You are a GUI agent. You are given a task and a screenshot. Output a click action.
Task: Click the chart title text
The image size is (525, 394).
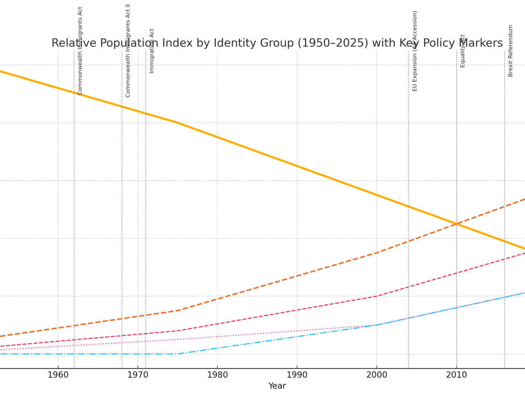click(277, 43)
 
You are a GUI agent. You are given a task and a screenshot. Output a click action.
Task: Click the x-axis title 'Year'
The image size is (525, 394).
click(277, 386)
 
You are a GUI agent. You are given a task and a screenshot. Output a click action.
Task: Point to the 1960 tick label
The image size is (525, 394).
click(58, 375)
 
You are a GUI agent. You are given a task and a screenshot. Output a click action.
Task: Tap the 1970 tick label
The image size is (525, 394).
click(138, 375)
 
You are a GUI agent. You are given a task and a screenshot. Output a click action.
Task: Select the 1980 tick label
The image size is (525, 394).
click(217, 375)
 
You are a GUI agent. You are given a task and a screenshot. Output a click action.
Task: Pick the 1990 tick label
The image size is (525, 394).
click(297, 375)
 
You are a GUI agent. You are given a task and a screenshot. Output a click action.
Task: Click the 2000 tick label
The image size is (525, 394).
click(377, 375)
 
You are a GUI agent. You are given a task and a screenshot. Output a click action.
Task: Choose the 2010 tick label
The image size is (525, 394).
click(456, 375)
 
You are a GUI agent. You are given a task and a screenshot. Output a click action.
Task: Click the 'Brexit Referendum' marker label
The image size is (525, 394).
click(511, 51)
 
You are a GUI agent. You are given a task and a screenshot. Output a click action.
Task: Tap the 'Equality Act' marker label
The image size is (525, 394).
click(462, 51)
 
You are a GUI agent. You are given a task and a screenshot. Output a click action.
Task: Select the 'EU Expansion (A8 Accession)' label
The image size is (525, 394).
click(415, 51)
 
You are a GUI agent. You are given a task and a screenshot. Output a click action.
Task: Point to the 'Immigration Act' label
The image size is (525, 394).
click(152, 51)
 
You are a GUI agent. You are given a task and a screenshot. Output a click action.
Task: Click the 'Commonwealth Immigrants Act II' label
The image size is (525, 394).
click(128, 51)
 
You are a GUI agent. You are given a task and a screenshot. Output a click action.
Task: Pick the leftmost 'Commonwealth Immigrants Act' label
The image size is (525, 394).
click(80, 51)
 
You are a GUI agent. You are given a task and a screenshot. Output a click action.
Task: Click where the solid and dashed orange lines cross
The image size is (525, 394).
click(456, 224)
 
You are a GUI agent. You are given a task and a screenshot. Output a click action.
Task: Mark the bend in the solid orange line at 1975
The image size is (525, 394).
click(178, 123)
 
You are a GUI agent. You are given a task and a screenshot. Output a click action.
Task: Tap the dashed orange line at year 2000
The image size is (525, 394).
click(377, 253)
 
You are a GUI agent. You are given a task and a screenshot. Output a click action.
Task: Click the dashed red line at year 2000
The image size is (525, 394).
click(377, 296)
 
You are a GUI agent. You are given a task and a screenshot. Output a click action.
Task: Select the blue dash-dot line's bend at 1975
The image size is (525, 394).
click(178, 354)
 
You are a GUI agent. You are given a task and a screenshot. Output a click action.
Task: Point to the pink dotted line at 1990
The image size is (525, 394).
click(297, 331)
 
